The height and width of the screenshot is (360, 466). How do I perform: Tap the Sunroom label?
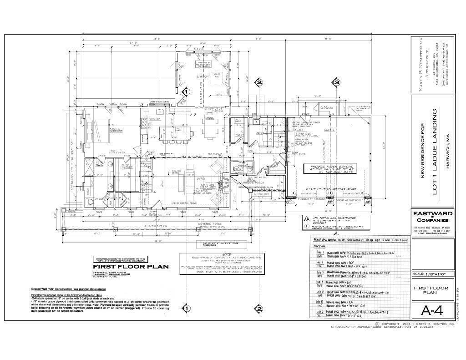coord(203,77)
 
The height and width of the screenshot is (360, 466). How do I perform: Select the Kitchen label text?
coord(155,119)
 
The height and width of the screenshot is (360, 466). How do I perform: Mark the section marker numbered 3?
coord(336,83)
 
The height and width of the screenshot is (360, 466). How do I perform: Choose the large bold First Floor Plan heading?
coord(125,267)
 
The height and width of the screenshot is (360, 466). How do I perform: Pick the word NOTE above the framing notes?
coord(213,254)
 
